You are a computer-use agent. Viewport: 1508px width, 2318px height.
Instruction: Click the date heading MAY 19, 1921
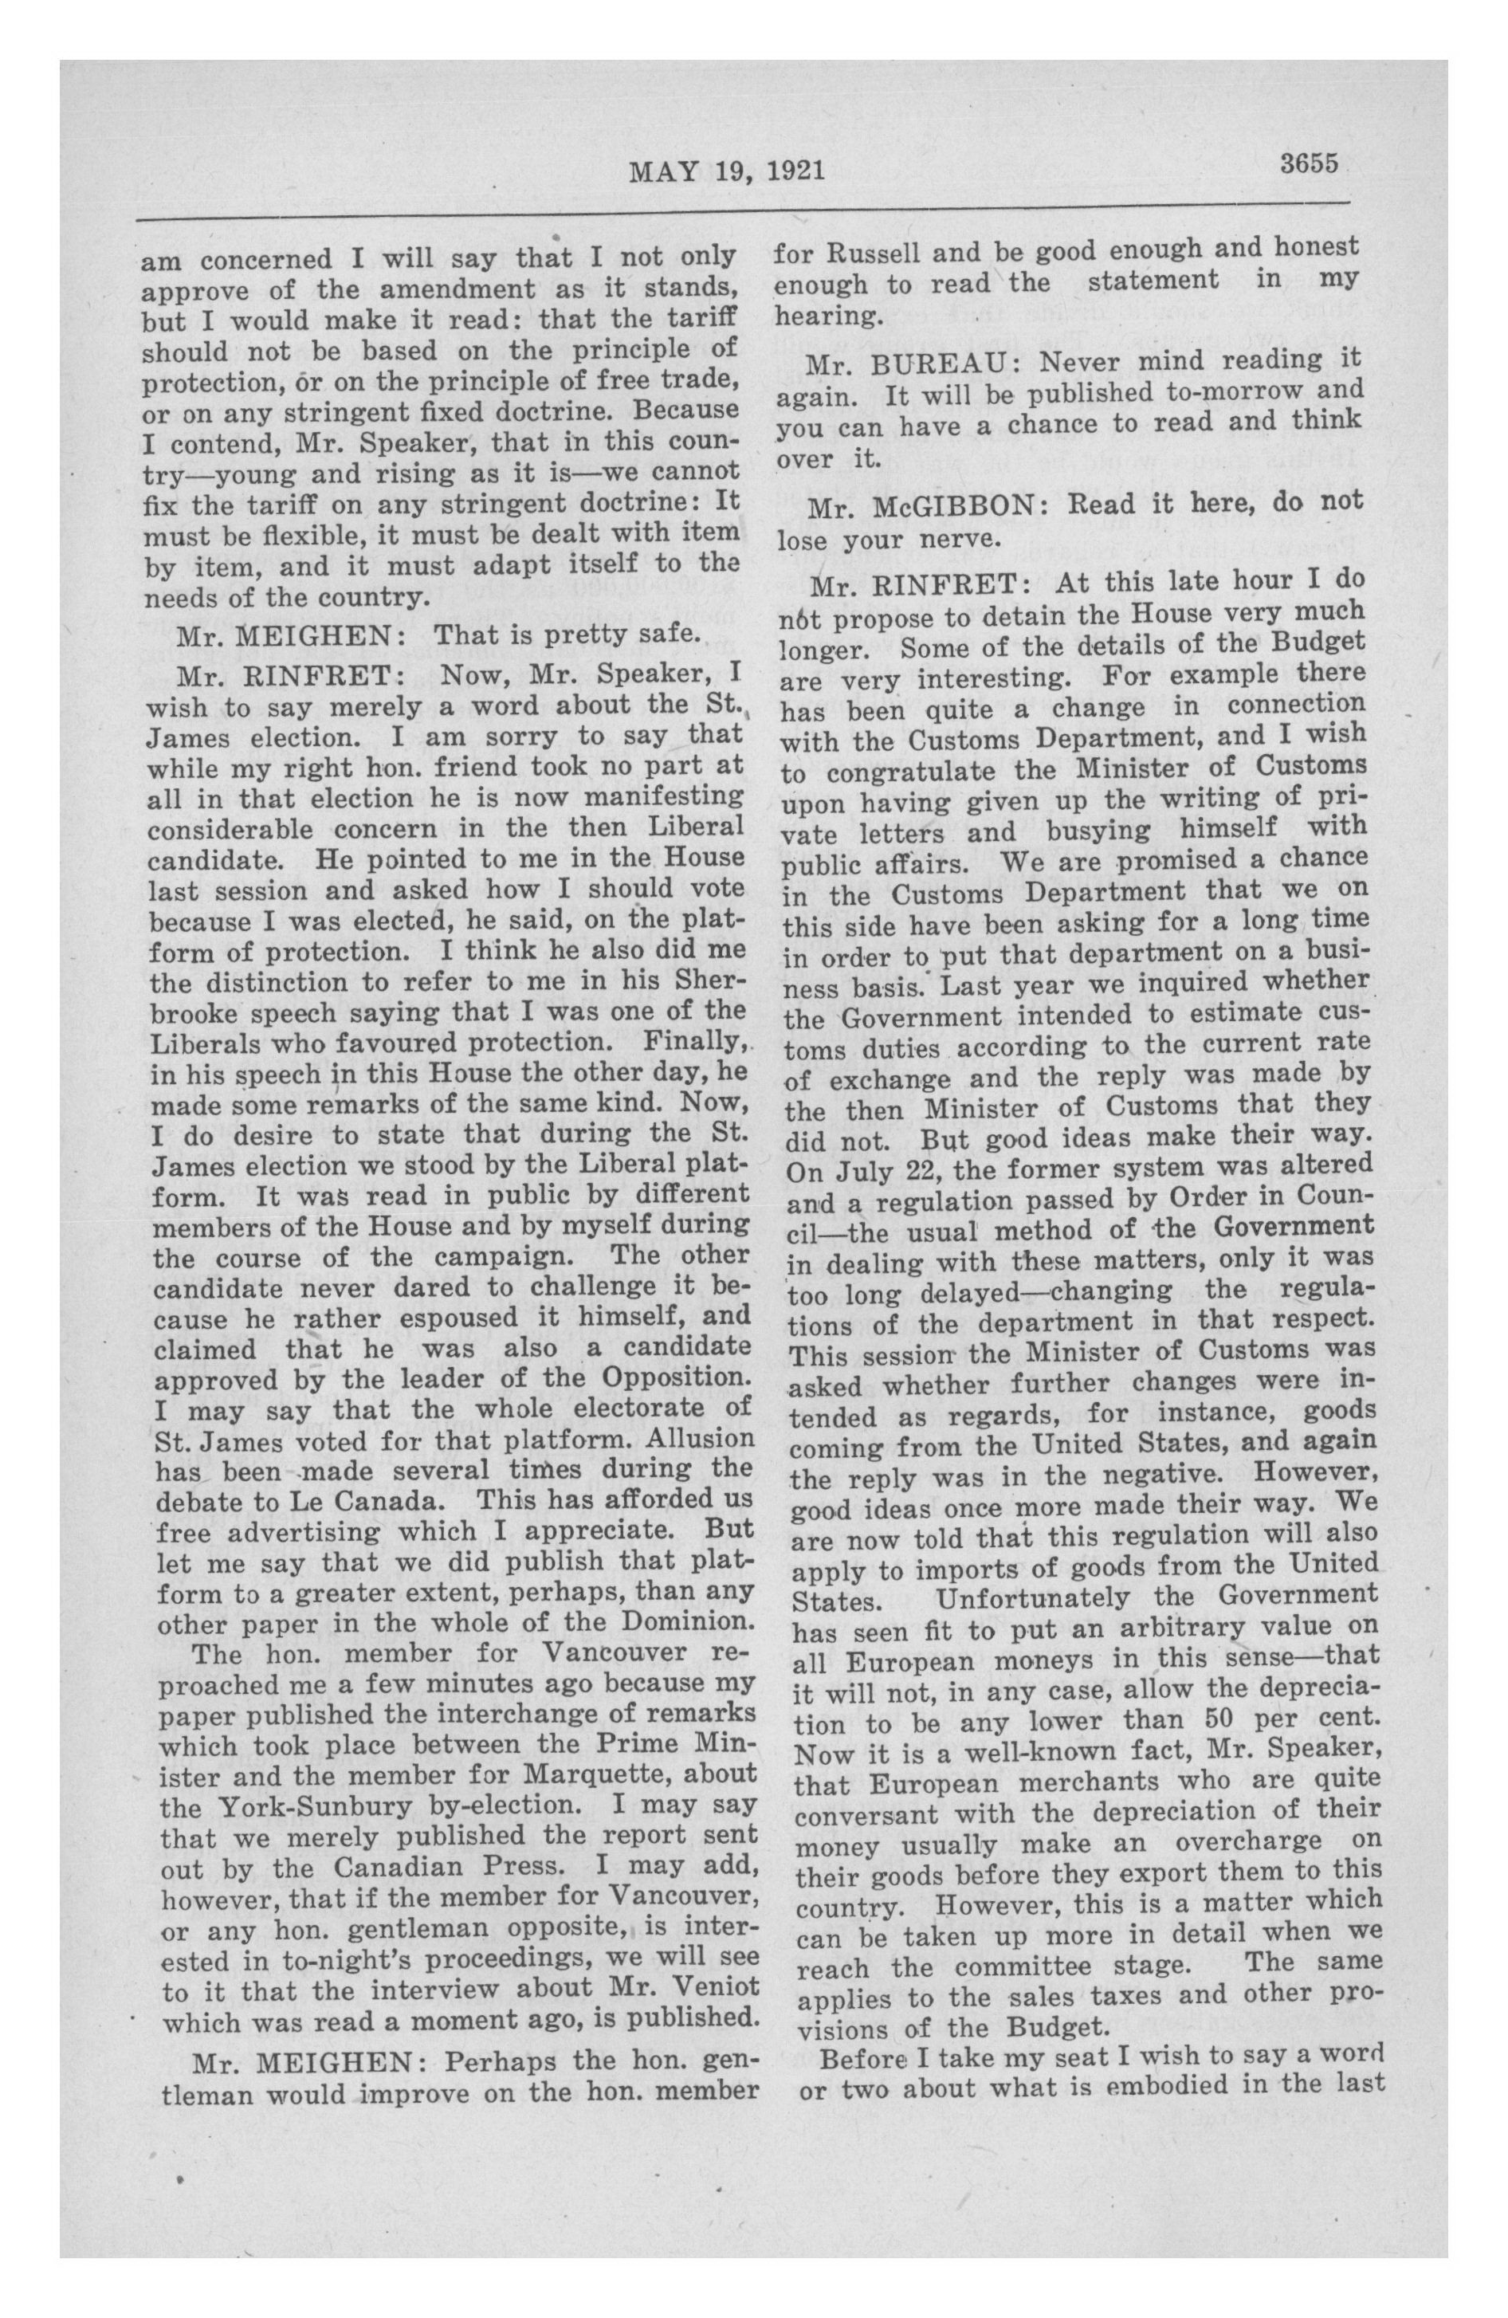pos(728,171)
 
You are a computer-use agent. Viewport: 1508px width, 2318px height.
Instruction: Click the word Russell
pos(860,253)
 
